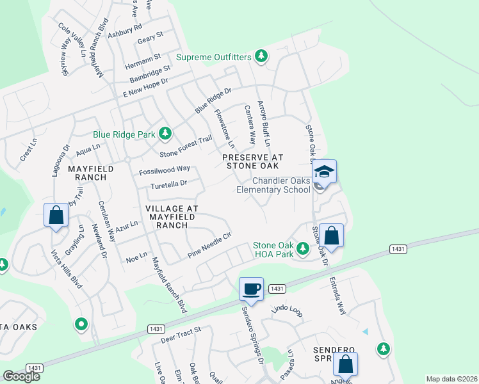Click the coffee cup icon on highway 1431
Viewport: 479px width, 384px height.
click(x=252, y=288)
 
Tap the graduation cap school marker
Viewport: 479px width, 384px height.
click(x=325, y=172)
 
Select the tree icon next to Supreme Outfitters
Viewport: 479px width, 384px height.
click(x=261, y=57)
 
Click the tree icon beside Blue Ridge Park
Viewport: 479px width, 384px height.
click(x=166, y=134)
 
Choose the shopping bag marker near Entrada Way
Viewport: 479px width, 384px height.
click(x=332, y=235)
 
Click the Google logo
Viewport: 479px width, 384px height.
click(x=21, y=376)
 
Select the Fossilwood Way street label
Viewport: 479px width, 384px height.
click(x=165, y=170)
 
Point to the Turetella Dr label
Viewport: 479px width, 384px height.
click(x=168, y=184)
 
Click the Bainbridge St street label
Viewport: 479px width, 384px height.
click(x=150, y=73)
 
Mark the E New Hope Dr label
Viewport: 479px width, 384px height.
click(x=145, y=88)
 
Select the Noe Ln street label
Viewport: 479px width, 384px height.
click(x=137, y=259)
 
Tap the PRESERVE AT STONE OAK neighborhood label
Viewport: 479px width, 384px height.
click(x=252, y=161)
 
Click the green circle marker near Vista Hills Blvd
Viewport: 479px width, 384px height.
click(x=81, y=325)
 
